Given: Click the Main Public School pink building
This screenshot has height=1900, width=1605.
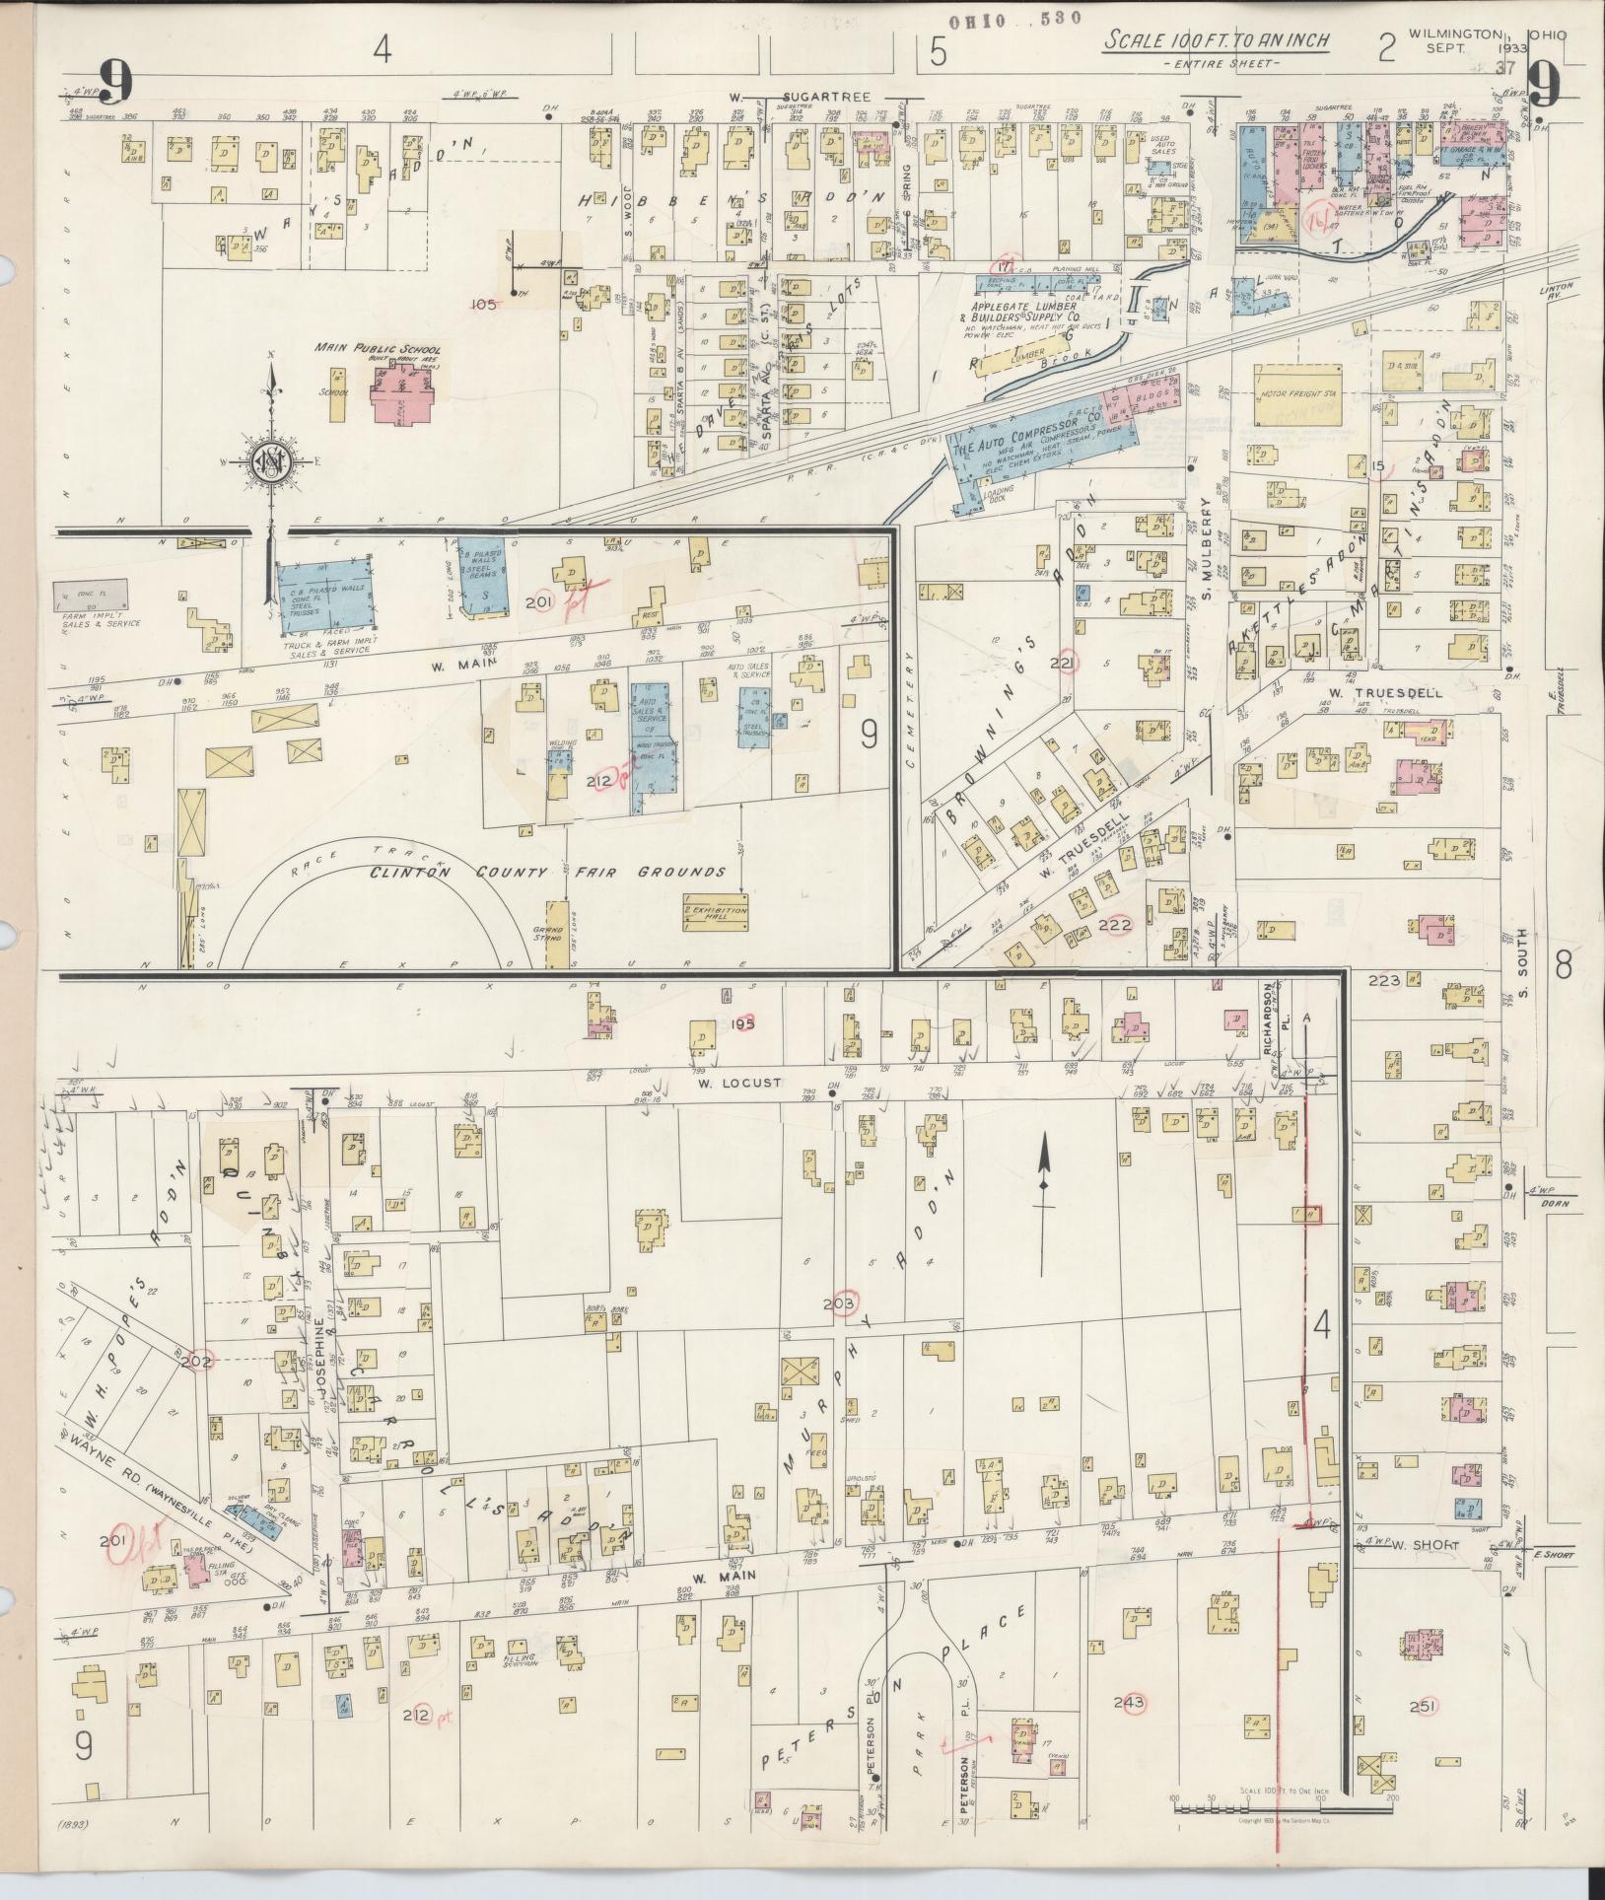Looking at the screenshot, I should tap(403, 398).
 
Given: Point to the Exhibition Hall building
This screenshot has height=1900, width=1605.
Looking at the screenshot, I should tap(716, 912).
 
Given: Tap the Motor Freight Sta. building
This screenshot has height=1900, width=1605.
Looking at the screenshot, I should tap(1298, 397).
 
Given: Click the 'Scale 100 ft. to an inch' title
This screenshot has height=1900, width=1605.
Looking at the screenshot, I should tap(1217, 42).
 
